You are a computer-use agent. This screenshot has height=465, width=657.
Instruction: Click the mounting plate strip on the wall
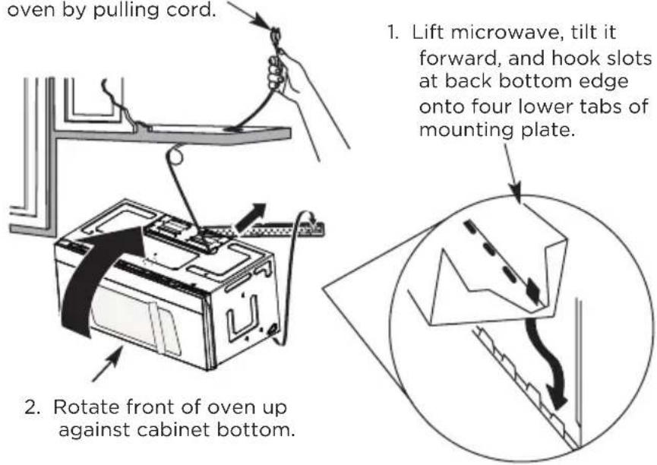coord(268,229)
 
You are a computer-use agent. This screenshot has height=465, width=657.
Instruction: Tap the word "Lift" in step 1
coord(427,32)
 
